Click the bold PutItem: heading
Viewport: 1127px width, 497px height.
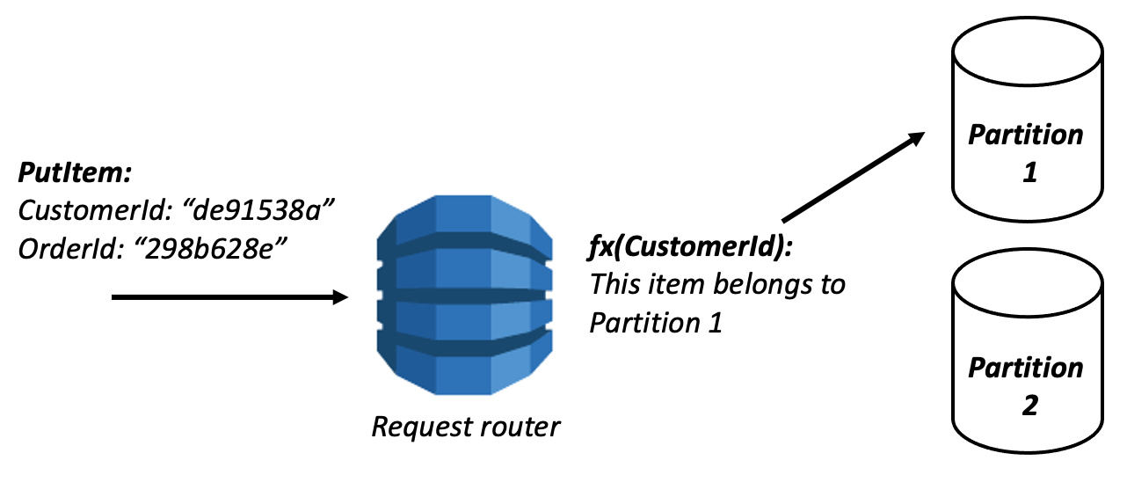(x=75, y=172)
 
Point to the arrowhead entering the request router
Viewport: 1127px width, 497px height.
(x=341, y=298)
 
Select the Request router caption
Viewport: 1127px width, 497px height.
(x=465, y=428)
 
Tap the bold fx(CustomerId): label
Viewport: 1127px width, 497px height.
(x=691, y=247)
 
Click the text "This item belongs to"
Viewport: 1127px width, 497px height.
(x=716, y=284)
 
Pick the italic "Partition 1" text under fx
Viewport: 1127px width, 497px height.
(x=655, y=322)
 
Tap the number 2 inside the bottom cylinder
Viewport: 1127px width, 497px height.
(x=1029, y=406)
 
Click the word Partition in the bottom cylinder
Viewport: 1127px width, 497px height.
(x=1025, y=368)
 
